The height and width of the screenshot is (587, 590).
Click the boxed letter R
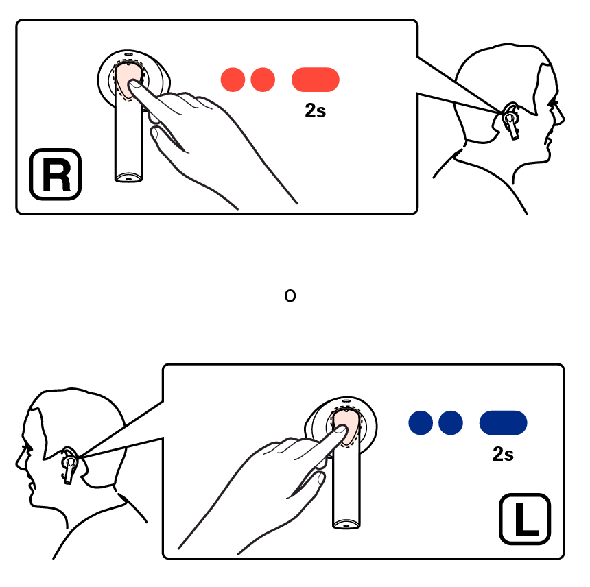pyautogui.click(x=56, y=174)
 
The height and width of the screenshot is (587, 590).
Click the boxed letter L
pyautogui.click(x=525, y=519)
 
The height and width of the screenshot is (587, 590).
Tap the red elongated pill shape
pyautogui.click(x=316, y=80)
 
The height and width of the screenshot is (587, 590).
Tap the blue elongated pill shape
pyautogui.click(x=503, y=422)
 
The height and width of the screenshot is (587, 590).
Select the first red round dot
pyautogui.click(x=233, y=80)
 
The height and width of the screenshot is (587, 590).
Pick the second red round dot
pyautogui.click(x=263, y=80)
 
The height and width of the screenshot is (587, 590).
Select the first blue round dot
pyautogui.click(x=421, y=422)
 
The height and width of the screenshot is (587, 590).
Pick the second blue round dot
pyautogui.click(x=451, y=422)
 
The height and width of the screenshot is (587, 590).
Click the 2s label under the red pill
pyautogui.click(x=316, y=110)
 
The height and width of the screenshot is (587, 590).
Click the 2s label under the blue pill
pyautogui.click(x=503, y=454)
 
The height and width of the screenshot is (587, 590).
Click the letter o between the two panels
pyautogui.click(x=290, y=296)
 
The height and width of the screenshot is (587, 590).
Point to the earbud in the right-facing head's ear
pyautogui.click(x=511, y=121)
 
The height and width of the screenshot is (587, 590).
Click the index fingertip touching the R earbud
pyautogui.click(x=134, y=84)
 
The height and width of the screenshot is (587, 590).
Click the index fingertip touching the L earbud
pyautogui.click(x=340, y=429)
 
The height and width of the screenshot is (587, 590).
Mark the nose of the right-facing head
pyautogui.click(x=561, y=119)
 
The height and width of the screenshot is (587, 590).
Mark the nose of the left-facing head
pyautogui.click(x=19, y=462)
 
